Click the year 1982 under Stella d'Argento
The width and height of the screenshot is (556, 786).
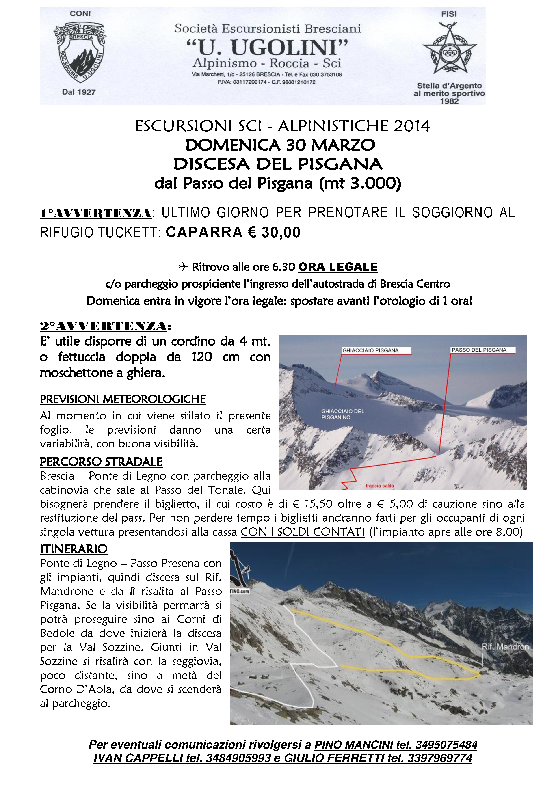(x=449, y=101)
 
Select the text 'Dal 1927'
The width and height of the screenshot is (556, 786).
(x=79, y=92)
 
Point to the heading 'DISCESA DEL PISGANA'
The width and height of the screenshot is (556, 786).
(x=278, y=164)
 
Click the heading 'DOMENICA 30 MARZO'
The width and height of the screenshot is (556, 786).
(x=280, y=145)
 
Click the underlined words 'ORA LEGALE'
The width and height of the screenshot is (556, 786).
(x=338, y=267)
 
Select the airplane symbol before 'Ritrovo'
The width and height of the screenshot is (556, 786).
(x=184, y=267)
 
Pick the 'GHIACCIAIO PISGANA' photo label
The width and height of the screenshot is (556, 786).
(x=370, y=350)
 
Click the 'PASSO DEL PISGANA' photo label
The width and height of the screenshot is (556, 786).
(x=479, y=350)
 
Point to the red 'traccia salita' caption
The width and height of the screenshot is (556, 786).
(x=379, y=486)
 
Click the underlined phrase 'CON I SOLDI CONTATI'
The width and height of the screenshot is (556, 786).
(x=303, y=532)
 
